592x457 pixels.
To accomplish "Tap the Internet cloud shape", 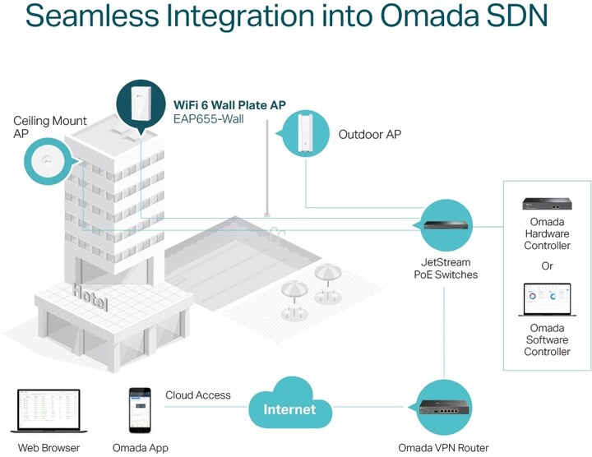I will pos(289,406).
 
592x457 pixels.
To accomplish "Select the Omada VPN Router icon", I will pos(443,406).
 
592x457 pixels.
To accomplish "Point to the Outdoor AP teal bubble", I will pos(303,133).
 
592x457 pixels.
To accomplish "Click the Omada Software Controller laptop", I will pos(547,301).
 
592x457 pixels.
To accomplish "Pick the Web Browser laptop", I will pos(49,411).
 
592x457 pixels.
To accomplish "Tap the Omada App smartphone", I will pos(140,411).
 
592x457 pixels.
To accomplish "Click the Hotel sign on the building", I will pos(89,293).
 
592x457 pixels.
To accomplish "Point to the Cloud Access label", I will pos(198,395).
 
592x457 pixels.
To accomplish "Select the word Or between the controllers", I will pos(547,266).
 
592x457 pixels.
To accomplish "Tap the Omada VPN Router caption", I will pos(443,448).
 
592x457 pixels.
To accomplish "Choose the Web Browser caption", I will pos(49,448).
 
